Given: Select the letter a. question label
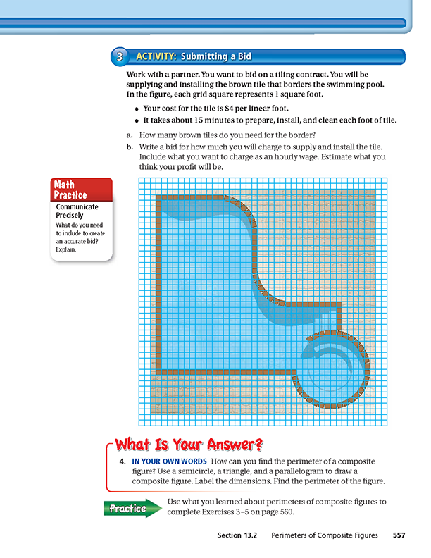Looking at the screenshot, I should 130,134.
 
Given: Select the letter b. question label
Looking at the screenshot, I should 130,147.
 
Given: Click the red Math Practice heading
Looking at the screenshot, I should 70,190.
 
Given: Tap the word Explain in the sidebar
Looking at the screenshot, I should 68,249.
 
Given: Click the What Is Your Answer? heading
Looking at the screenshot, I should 188,445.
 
